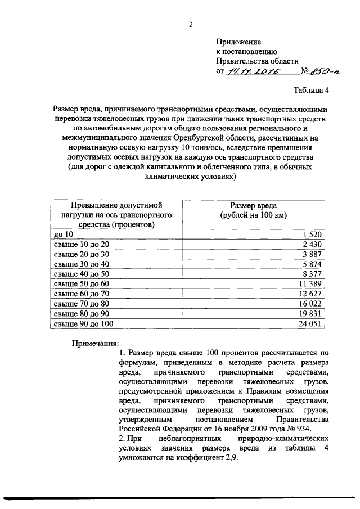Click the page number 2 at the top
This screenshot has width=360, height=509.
(191, 24)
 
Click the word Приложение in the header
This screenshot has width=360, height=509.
(239, 42)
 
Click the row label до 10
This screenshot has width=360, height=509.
(62, 234)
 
